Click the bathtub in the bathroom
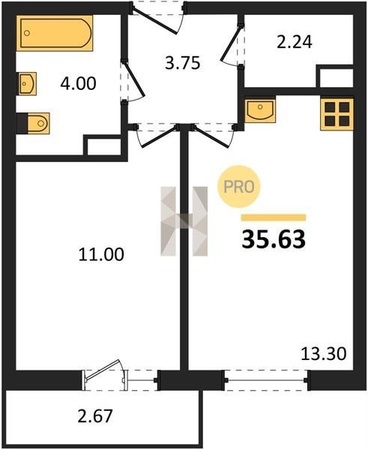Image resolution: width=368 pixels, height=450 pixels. tap(55, 33)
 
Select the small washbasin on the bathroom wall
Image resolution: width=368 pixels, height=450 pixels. tap(27, 83)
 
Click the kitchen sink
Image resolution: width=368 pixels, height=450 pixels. tap(260, 111)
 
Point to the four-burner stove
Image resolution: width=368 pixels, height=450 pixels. tap(337, 114)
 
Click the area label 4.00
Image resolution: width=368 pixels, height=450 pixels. tap(78, 84)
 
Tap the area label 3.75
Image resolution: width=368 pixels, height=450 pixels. tap(182, 63)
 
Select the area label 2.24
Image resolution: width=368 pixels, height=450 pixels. tap(295, 42)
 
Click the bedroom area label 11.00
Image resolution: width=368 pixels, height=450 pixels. tap(101, 254)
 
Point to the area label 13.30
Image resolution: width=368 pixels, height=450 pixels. tap(324, 354)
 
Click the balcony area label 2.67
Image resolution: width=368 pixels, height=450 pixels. tap(95, 416)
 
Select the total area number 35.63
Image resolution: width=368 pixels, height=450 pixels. tap(274, 240)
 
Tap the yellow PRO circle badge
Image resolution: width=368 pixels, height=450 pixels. tap(238, 187)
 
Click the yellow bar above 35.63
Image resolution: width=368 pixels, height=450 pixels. tap(274, 217)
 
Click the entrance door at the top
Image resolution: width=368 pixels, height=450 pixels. tap(157, 18)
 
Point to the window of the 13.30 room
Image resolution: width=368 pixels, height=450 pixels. tap(267, 380)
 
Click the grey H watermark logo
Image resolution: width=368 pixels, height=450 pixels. tap(184, 221)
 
